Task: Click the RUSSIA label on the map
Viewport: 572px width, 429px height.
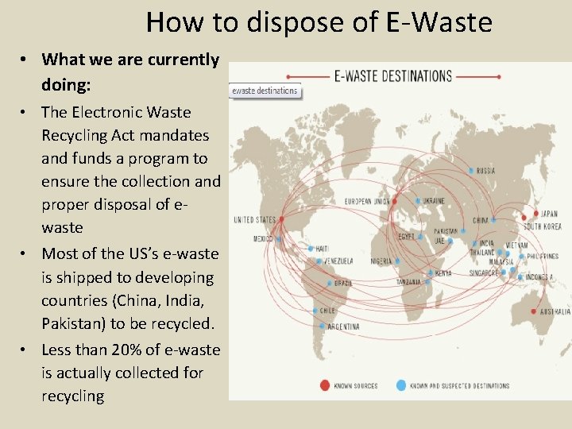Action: [x=487, y=170]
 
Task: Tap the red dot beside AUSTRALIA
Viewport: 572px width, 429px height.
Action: [x=534, y=311]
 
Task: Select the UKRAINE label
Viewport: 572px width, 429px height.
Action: [x=433, y=200]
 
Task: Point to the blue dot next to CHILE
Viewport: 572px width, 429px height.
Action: [x=315, y=311]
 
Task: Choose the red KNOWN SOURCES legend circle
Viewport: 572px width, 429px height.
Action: [x=323, y=385]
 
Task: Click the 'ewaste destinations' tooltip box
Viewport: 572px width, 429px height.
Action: [x=265, y=91]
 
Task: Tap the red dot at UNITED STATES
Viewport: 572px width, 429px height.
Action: [x=280, y=219]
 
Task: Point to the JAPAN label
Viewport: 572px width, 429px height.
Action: [x=550, y=214]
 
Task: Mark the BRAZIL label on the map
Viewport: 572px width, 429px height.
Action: [x=343, y=283]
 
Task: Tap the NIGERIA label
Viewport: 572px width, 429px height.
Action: [x=381, y=260]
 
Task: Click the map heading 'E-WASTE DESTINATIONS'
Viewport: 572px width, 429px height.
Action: [x=393, y=77]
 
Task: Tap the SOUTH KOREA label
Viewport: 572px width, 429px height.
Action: [x=542, y=226]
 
